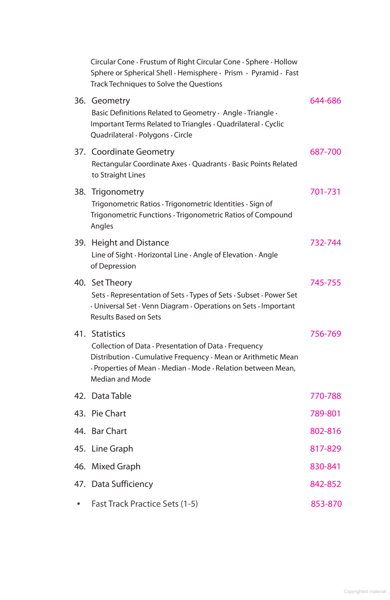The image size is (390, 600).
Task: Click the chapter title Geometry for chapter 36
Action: tap(111, 101)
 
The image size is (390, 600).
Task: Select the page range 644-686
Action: tap(325, 101)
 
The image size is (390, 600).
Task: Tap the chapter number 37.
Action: tap(80, 152)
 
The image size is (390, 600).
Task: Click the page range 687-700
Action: tap(325, 152)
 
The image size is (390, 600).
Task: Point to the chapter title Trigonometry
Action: tap(118, 192)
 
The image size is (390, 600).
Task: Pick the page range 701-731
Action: tap(325, 192)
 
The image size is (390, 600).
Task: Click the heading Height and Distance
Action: tap(130, 243)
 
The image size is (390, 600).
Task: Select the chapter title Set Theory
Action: tap(112, 283)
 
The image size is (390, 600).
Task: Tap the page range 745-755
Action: tap(325, 283)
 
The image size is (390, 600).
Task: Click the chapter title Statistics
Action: tap(108, 334)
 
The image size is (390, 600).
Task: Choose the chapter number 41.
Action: tap(80, 334)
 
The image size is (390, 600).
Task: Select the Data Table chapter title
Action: tap(111, 396)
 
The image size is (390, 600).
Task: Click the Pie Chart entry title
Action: tap(108, 414)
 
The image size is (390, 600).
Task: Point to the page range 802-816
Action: tap(325, 431)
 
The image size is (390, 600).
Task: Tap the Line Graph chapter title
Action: tap(112, 449)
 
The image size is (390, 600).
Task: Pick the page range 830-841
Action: tap(325, 467)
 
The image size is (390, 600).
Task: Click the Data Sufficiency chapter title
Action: tap(122, 484)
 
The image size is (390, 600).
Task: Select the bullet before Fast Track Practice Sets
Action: tap(79, 504)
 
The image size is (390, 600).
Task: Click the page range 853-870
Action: tap(326, 504)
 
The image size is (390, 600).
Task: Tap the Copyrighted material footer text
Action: tap(364, 591)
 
